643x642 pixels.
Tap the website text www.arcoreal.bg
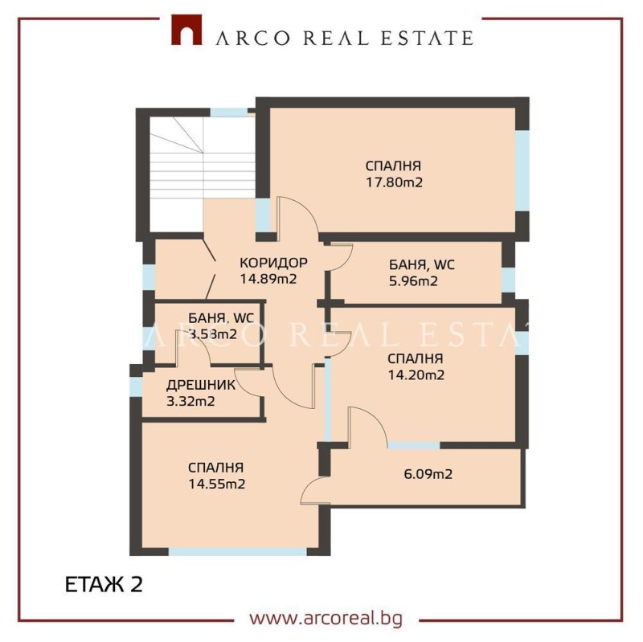click(x=326, y=619)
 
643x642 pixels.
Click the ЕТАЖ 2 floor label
click(x=103, y=584)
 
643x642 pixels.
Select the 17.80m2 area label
click(x=394, y=182)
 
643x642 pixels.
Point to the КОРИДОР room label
click(x=274, y=263)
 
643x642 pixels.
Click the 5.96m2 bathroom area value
click(x=413, y=281)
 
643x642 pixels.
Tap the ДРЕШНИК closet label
click(x=201, y=385)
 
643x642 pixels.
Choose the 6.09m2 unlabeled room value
click(x=428, y=474)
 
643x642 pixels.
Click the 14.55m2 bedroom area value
click(x=217, y=484)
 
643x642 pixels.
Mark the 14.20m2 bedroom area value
click(x=416, y=374)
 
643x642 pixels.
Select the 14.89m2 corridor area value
click(x=268, y=280)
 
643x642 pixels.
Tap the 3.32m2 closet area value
click(x=190, y=402)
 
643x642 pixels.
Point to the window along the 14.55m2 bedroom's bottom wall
click(x=238, y=552)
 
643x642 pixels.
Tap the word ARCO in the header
click(x=244, y=37)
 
